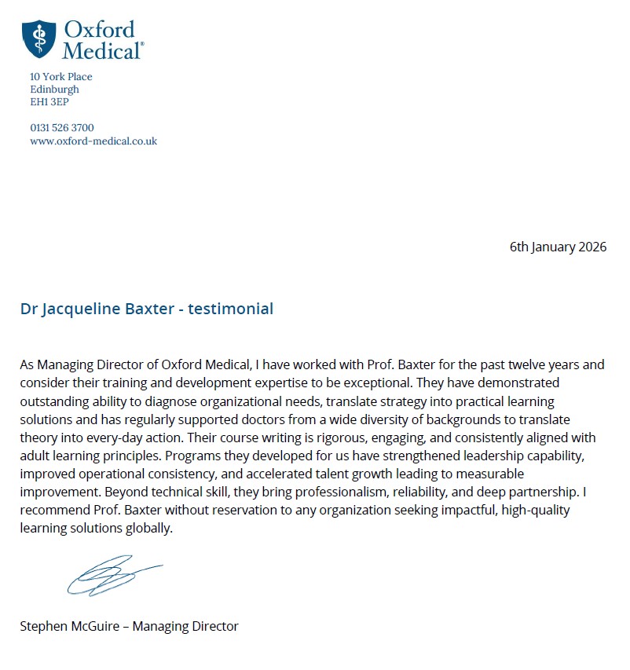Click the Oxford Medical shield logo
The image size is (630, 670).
pyautogui.click(x=38, y=38)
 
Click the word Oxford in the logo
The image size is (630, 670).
pyautogui.click(x=99, y=31)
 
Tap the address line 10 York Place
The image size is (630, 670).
pyautogui.click(x=60, y=77)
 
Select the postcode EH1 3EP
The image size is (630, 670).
pyautogui.click(x=49, y=102)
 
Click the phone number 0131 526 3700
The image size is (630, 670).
pyautogui.click(x=62, y=128)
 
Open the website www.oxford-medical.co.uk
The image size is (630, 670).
pyautogui.click(x=93, y=141)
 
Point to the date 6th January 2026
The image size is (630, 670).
pyautogui.click(x=558, y=247)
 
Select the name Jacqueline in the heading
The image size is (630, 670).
pyautogui.click(x=76, y=309)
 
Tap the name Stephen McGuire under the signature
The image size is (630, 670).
pyautogui.click(x=72, y=626)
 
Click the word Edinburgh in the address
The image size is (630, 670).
pyautogui.click(x=54, y=90)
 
